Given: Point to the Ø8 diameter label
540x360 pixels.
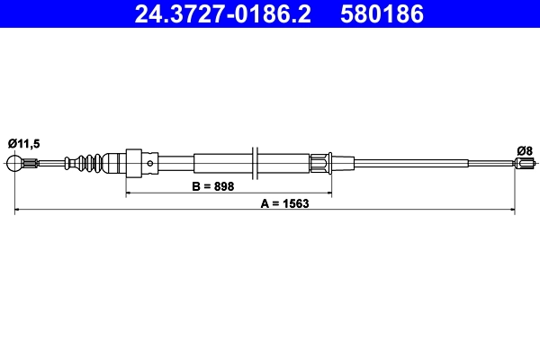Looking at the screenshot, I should click(524, 149).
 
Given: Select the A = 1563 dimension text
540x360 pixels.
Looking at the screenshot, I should click(284, 203).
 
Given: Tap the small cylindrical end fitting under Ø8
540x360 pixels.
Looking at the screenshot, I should click(525, 163).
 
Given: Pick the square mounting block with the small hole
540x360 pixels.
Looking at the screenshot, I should click(135, 163).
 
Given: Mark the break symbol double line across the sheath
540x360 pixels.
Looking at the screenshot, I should click(257, 163).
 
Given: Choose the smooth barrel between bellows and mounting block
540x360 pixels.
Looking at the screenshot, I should click(112, 163).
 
